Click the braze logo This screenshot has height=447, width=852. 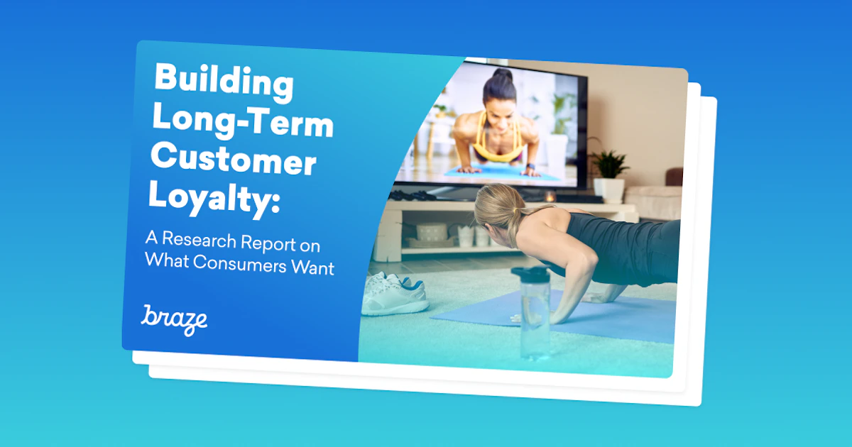point(174,319)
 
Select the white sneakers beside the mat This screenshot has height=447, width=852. point(394,292)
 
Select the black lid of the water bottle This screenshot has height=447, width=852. point(530,275)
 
